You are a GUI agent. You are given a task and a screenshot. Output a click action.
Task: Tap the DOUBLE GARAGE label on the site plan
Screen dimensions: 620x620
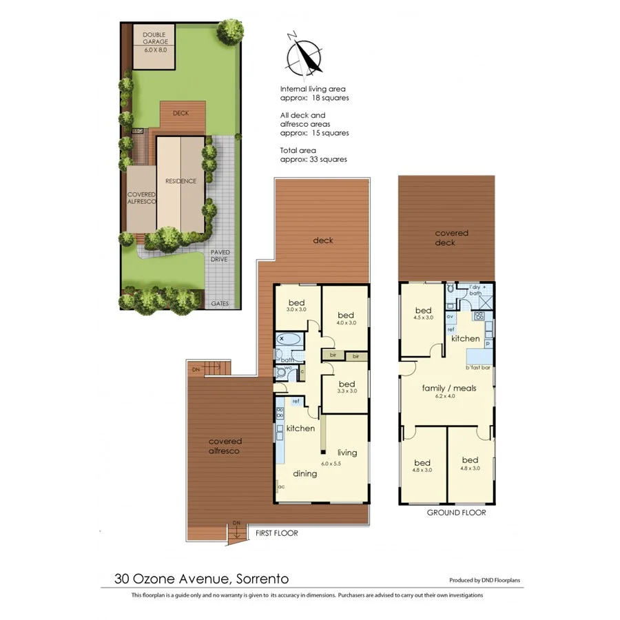pos(155,42)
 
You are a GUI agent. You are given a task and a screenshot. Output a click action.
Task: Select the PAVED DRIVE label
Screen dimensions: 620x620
pos(220,256)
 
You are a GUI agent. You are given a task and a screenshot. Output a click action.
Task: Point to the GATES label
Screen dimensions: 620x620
pos(220,303)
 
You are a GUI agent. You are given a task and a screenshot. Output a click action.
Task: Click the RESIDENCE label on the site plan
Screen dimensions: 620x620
pos(181,181)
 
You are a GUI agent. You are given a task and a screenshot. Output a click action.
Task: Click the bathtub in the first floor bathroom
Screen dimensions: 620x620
pos(289,340)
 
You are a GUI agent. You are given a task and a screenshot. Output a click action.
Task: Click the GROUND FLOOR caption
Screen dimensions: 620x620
pos(456,513)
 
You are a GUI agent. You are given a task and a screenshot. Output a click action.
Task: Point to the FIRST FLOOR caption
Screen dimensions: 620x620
pos(276,533)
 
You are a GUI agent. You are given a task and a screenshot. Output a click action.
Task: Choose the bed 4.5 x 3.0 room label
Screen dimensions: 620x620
pos(422,313)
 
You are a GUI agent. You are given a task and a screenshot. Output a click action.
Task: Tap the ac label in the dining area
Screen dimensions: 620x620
pos(280,487)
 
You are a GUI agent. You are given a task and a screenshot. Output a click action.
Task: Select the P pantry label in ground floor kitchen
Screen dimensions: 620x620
pos(487,343)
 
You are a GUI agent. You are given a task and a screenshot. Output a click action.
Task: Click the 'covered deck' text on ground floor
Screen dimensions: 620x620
pos(451,238)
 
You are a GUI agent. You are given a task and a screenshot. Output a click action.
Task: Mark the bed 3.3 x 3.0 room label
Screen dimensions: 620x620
pos(346,387)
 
